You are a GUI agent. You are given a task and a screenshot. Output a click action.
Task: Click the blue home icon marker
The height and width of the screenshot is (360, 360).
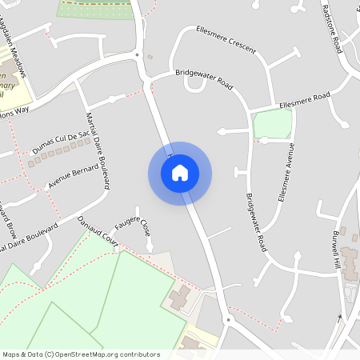tap(180, 173)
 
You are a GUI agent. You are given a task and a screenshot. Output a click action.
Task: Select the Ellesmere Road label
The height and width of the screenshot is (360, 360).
tap(304, 100)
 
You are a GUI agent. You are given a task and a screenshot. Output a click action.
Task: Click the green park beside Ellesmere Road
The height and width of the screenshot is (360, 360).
tap(271, 124)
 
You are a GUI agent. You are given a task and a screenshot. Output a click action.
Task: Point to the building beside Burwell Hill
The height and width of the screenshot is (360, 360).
tap(351, 264)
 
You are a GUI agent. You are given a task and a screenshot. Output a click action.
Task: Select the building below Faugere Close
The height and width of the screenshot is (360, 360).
tap(179, 299)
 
